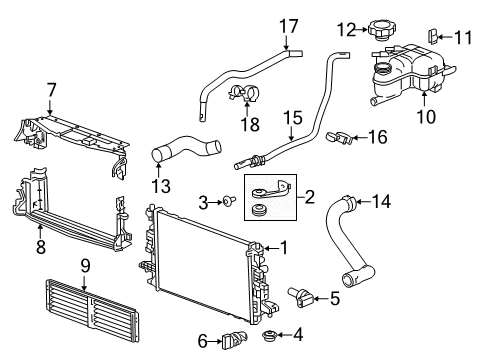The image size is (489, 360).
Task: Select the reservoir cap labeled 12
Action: point(383,31)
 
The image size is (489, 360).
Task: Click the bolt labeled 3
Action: point(230,204)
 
